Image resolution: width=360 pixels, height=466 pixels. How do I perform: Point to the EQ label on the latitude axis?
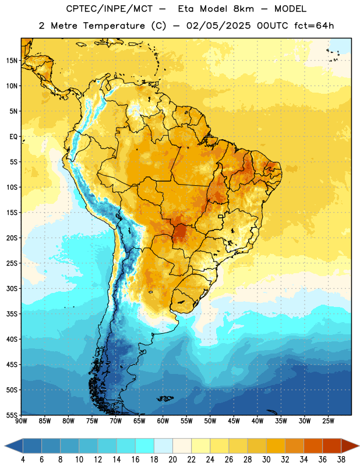[13, 137]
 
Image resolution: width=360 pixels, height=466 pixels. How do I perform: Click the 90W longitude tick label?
[21, 421]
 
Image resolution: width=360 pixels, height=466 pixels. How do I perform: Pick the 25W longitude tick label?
[328, 421]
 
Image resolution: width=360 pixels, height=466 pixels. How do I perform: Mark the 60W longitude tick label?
[163, 421]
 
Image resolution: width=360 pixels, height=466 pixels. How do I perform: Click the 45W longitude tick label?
[234, 421]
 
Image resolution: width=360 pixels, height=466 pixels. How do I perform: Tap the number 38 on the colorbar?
[341, 460]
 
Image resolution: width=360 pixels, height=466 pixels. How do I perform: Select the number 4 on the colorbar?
[23, 460]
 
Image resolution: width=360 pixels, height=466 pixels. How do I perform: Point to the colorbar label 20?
[172, 460]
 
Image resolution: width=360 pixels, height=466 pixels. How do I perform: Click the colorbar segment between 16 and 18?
[145, 446]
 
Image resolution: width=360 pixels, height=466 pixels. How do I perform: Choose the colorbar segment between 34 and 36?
[313, 446]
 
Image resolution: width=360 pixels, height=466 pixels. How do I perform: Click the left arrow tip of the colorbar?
[5, 446]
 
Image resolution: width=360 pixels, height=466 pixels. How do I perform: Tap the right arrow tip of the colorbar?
[359, 446]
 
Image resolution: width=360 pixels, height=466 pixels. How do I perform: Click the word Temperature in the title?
[114, 26]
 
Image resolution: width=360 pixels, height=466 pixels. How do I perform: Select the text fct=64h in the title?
[314, 26]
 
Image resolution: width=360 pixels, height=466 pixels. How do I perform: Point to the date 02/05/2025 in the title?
[218, 26]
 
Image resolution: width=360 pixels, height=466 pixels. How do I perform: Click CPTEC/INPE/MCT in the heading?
[110, 9]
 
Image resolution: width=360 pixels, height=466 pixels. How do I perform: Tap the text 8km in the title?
[243, 9]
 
